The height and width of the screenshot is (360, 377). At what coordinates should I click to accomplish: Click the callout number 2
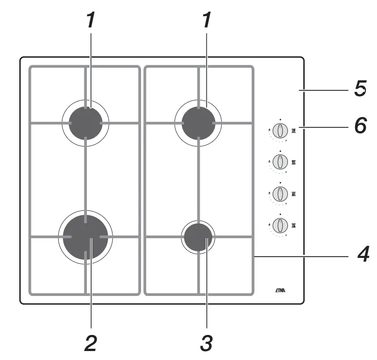pos(90,344)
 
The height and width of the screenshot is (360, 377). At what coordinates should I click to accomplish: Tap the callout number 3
pos(206,344)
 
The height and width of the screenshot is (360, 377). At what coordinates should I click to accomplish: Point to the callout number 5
pos(360,88)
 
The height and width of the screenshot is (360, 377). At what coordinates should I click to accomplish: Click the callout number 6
pos(360,125)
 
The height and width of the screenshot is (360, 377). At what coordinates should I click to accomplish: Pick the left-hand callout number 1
pos(91,20)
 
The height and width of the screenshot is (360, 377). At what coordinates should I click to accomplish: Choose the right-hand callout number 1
pos(206,20)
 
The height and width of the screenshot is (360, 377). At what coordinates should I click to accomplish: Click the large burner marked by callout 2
pos(85,236)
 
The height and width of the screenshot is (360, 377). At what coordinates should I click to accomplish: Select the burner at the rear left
pos(85,122)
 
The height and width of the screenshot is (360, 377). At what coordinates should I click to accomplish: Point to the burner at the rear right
pos(198,122)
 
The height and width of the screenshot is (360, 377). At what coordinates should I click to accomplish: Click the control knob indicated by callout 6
pos(280,131)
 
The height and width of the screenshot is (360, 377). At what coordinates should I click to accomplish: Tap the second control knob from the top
pos(280,162)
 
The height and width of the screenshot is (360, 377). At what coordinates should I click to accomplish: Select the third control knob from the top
pos(280,194)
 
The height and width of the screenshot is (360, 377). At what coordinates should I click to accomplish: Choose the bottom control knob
pos(280,225)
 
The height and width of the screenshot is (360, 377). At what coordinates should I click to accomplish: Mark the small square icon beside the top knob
pos(294,131)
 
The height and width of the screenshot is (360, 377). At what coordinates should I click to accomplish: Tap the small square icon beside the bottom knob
pos(294,225)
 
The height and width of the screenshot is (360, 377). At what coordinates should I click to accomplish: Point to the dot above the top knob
pos(280,120)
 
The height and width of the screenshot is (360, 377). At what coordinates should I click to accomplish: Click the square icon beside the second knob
pos(294,162)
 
